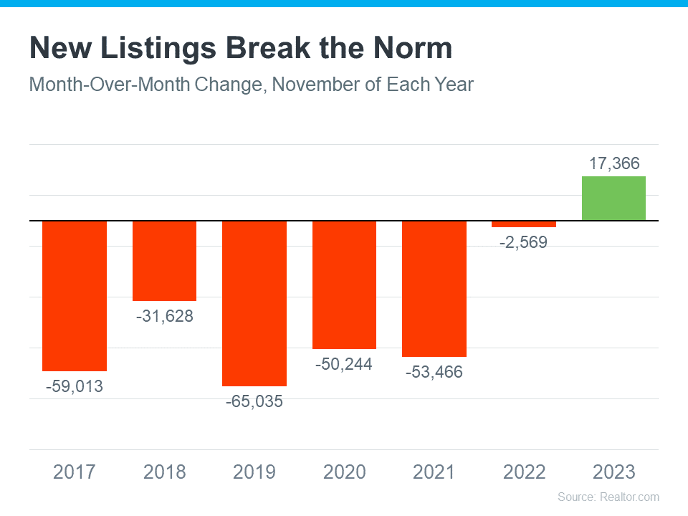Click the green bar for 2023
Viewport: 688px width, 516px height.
pyautogui.click(x=613, y=199)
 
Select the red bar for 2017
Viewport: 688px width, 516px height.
pyautogui.click(x=75, y=296)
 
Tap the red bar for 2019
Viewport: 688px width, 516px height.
pyautogui.click(x=254, y=303)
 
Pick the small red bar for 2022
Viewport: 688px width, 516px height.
pyautogui.click(x=523, y=224)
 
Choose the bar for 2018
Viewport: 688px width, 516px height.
pyautogui.click(x=165, y=261)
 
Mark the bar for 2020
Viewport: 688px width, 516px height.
pyautogui.click(x=345, y=285)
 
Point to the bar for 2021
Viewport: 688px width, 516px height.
pyautogui.click(x=434, y=289)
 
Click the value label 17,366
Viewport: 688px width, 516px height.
pyautogui.click(x=614, y=163)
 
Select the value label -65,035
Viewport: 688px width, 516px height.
pyautogui.click(x=254, y=401)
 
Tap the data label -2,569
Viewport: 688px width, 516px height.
pyautogui.click(x=523, y=242)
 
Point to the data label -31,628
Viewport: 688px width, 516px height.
pyautogui.click(x=165, y=316)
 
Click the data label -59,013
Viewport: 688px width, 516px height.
pyautogui.click(x=74, y=386)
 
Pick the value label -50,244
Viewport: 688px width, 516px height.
pyautogui.click(x=343, y=364)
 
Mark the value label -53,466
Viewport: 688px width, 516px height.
pyautogui.click(x=434, y=372)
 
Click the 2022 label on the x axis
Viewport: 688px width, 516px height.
pyautogui.click(x=524, y=472)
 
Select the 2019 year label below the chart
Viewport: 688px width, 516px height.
pyautogui.click(x=254, y=472)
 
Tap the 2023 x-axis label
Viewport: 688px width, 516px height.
pyautogui.click(x=614, y=472)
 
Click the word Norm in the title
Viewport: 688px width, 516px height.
pyautogui.click(x=413, y=48)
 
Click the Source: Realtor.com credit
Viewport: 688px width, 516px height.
pyautogui.click(x=608, y=497)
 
